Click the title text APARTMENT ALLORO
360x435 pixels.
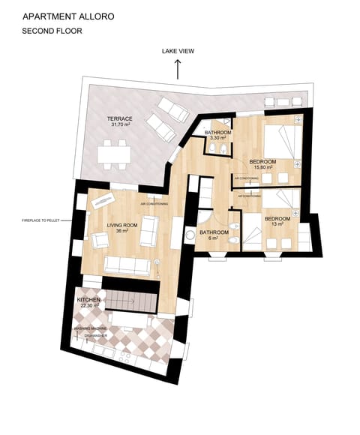click(x=68, y=15)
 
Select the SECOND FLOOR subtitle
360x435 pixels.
click(x=52, y=31)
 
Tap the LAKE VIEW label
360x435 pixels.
click(x=178, y=52)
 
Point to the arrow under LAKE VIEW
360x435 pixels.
click(x=178, y=69)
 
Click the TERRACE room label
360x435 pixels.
click(x=119, y=118)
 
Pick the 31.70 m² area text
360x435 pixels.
click(x=119, y=125)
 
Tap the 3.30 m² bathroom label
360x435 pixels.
click(x=217, y=139)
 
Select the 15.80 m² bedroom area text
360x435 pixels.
click(x=262, y=168)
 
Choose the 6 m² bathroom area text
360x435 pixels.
click(x=214, y=239)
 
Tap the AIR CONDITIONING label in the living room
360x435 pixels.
click(x=154, y=203)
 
